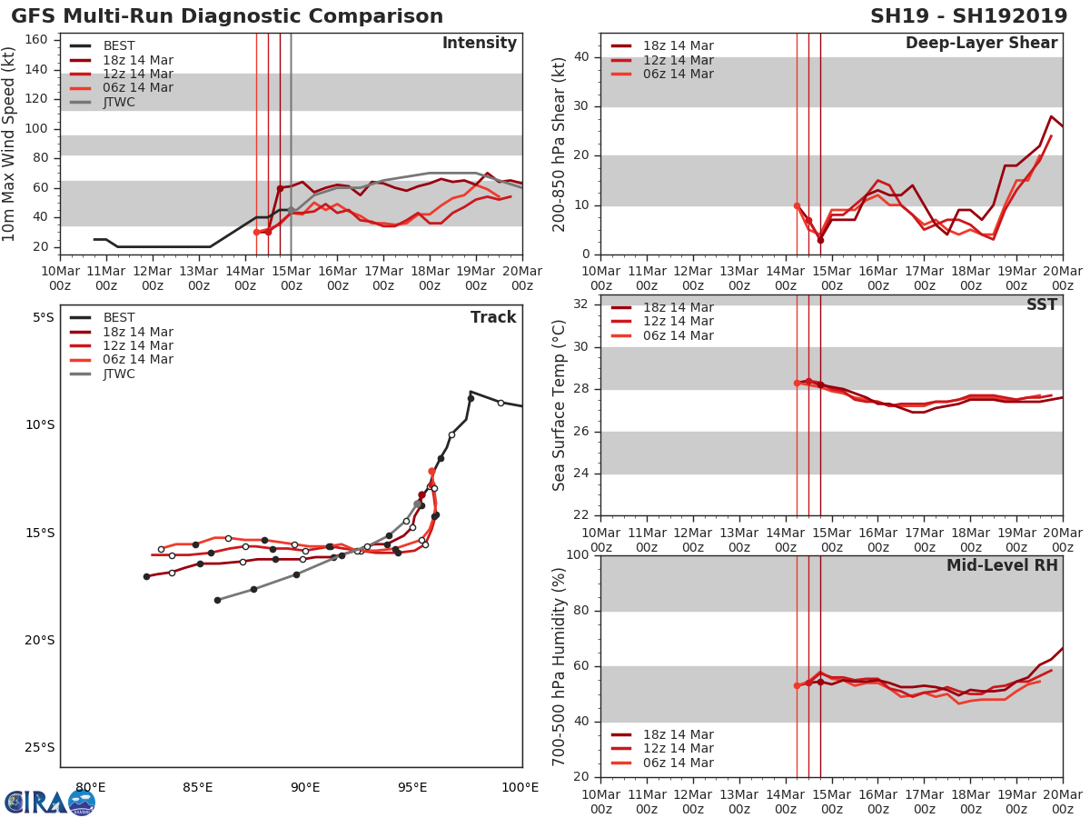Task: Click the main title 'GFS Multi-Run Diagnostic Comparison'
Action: [227, 16]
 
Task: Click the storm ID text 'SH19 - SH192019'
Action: [968, 16]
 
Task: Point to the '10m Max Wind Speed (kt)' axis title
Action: [10, 144]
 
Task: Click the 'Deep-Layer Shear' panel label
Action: [981, 44]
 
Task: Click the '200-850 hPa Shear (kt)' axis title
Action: [560, 144]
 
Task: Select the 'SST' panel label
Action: [1041, 305]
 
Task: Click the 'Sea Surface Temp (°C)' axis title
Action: [560, 405]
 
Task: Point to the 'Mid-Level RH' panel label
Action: [1001, 566]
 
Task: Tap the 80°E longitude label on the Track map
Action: [90, 787]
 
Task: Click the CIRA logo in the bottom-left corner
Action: [49, 802]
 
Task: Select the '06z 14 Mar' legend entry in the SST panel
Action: [678, 336]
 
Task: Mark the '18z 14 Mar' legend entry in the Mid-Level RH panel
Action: [678, 735]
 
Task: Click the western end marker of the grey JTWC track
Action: [217, 600]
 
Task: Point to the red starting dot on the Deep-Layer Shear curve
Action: [797, 205]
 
